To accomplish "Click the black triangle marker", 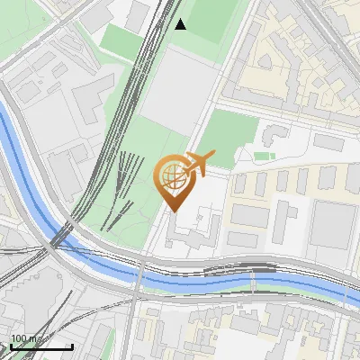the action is tap(181, 24).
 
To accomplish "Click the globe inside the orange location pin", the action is tap(174, 176).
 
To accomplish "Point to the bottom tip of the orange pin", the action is tap(174, 211).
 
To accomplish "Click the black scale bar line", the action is tap(41, 346).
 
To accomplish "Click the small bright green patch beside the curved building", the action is tap(263, 156).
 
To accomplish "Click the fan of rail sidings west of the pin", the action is tap(126, 184).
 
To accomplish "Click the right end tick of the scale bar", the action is tap(72, 345).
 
